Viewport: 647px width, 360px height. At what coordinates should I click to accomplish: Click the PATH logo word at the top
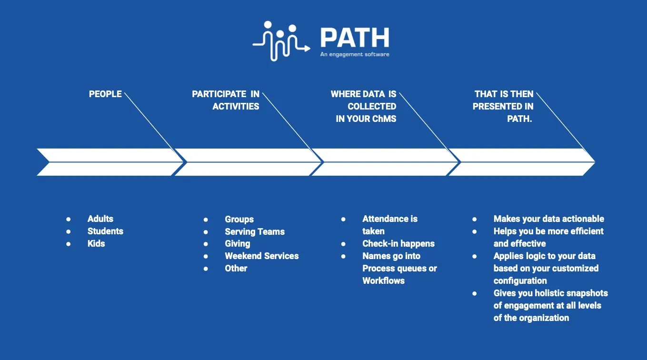[355, 37]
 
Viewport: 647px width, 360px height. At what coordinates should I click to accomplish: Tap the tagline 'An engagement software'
[355, 55]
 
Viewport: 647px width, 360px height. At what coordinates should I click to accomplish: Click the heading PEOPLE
[105, 94]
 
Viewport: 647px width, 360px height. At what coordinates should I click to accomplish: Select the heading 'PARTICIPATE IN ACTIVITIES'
[226, 100]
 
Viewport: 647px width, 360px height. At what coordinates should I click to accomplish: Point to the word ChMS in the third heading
[384, 119]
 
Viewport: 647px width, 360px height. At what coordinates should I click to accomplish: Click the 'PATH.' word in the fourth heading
[519, 119]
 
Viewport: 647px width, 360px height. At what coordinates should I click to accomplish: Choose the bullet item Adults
[100, 219]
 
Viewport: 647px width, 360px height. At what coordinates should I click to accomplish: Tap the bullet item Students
[105, 231]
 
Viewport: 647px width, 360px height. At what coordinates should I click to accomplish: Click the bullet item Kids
[96, 244]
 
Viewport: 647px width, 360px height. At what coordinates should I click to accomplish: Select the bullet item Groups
[239, 220]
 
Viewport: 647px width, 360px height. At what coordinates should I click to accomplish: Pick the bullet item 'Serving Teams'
[255, 232]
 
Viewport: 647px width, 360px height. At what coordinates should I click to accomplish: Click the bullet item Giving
[237, 244]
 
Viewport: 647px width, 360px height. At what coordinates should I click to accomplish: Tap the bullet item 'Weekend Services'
[262, 256]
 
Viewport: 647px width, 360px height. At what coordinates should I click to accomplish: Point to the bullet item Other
[236, 269]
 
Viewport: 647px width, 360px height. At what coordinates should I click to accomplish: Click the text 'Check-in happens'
[398, 244]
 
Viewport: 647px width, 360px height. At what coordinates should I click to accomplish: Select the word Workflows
[383, 281]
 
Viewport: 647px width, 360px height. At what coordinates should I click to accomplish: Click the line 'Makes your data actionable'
[548, 219]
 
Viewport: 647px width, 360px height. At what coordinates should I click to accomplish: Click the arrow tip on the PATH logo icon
[308, 48]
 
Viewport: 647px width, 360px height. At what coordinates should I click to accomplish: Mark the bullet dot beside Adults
[69, 219]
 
